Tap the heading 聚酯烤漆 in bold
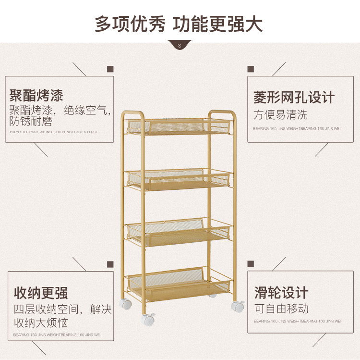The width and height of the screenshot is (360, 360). point(36,95)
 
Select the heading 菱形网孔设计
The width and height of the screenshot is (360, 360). point(294,98)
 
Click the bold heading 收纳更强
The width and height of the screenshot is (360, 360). point(40,293)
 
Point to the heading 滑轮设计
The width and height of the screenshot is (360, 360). point(281,293)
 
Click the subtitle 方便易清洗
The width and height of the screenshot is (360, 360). point(280,115)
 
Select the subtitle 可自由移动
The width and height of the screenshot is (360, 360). point(281,309)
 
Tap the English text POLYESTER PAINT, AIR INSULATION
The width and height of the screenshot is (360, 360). point(53,132)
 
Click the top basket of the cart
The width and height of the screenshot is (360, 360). point(179,127)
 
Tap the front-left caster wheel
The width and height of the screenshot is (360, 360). point(147,319)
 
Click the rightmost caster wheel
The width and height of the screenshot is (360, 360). point(237,306)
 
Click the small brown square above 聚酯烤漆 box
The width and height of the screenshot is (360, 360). point(110,69)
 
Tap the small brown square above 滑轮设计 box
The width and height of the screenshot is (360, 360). point(250,264)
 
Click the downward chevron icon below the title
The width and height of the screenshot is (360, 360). point(180,46)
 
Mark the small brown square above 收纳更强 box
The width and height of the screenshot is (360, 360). point(110,264)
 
